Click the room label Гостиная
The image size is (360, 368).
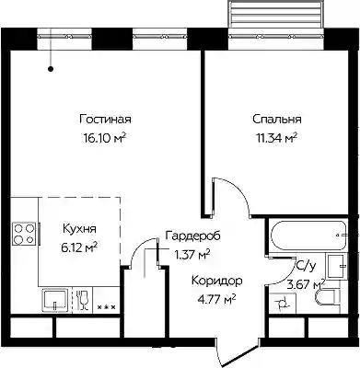point(105,119)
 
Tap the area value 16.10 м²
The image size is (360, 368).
point(105,138)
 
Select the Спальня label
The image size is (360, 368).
point(277,119)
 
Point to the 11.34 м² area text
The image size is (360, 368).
point(277,138)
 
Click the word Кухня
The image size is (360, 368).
point(79,228)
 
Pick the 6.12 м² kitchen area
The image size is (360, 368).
point(79,247)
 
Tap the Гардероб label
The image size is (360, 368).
point(193,236)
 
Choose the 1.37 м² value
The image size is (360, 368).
point(192,254)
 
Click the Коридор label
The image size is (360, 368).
point(217,281)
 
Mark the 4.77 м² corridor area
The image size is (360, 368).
point(217,298)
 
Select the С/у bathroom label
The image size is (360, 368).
point(305,267)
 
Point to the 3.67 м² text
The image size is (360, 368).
point(306,285)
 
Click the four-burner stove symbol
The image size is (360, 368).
point(24,234)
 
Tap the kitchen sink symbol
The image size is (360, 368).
point(54,300)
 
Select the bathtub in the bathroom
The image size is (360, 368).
point(308,236)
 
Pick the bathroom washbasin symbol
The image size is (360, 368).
point(337,266)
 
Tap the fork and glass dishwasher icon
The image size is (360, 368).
point(82,300)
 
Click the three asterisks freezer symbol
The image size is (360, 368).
point(106,306)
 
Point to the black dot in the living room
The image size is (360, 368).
point(51,69)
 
